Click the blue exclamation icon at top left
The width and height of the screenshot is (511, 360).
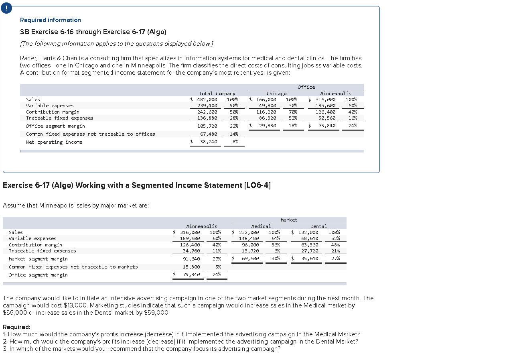pos(6,8)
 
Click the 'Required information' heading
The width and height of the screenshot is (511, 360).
pos(50,20)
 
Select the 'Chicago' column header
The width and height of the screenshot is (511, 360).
pos(276,94)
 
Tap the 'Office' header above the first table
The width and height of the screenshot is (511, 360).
pos(306,87)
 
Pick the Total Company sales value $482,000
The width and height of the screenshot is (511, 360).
pos(205,100)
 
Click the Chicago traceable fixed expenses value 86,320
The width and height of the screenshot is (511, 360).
pos(267,118)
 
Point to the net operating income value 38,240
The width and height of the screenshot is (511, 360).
pos(209,142)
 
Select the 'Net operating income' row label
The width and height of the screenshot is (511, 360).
pos(54,142)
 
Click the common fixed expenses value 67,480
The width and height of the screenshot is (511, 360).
pos(209,134)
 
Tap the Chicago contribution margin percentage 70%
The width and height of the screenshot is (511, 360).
pos(293,112)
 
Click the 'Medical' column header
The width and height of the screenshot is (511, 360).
pos(261,226)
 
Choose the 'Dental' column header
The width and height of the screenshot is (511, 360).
pos(318,226)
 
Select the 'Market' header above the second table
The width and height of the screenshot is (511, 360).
pos(289,220)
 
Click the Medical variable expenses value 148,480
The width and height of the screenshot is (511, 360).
pos(250,238)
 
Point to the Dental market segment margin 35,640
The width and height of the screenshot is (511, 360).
pos(310,259)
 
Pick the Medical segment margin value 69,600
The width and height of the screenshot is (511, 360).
pos(250,259)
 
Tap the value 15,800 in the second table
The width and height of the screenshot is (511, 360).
pos(191,267)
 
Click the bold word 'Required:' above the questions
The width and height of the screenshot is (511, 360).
pos(16,327)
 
